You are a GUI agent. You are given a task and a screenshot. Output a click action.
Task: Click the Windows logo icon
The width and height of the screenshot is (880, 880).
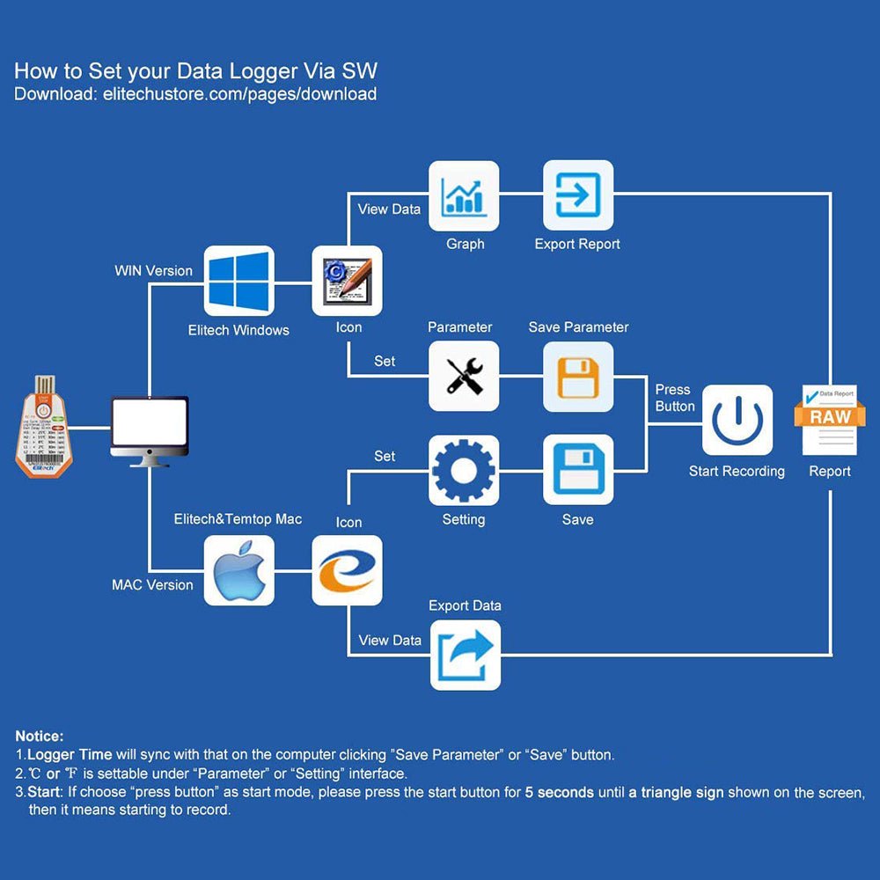tap(238, 281)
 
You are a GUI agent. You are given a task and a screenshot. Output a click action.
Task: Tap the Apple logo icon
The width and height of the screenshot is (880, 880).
tap(238, 570)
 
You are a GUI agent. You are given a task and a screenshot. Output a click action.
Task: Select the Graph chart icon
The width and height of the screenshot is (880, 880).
tap(464, 195)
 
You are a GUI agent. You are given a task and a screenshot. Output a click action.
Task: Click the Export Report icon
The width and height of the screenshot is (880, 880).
tap(578, 195)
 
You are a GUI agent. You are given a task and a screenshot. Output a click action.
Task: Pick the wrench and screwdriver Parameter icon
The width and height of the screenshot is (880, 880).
tap(464, 377)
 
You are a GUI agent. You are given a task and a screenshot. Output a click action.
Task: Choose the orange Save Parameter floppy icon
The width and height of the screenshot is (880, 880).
tap(578, 377)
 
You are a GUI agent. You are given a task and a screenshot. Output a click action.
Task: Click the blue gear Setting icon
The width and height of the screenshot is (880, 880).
tap(464, 470)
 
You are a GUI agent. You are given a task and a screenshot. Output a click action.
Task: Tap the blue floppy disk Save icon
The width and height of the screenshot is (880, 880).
tap(578, 470)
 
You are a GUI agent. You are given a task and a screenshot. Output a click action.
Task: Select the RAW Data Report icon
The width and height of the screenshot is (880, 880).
tap(830, 420)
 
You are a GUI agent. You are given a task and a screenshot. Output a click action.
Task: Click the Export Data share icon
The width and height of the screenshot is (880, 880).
tap(465, 655)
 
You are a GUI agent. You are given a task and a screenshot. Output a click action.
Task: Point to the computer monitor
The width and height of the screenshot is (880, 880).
tap(149, 430)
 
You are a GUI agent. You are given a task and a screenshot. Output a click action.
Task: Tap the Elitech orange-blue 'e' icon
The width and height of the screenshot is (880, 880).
tap(347, 570)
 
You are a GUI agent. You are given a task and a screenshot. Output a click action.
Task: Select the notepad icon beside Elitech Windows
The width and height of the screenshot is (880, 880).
tap(347, 281)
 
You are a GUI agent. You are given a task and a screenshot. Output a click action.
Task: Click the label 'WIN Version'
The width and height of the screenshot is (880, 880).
tap(153, 270)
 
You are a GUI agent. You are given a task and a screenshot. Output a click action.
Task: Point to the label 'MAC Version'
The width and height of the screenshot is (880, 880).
tap(152, 584)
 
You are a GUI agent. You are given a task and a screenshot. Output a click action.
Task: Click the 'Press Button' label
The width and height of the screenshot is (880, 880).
tap(675, 398)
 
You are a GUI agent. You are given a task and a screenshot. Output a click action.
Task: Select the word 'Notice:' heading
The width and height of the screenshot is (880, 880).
tap(40, 736)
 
